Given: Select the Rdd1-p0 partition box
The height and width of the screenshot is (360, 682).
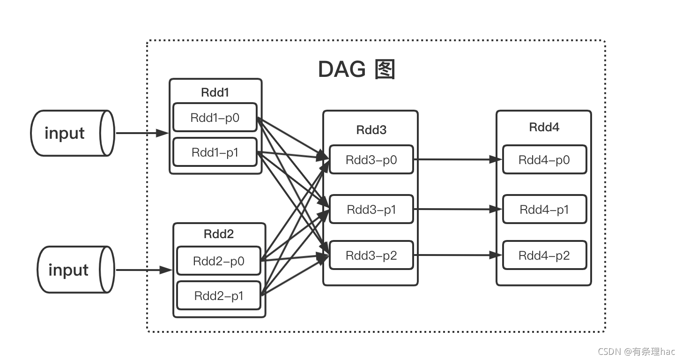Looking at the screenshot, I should [x=215, y=117].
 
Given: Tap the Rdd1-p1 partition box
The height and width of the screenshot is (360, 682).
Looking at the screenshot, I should [x=215, y=152].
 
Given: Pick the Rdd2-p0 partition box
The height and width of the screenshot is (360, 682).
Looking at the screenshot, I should [x=218, y=261].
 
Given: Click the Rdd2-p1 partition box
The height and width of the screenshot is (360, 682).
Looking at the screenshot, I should [x=218, y=296].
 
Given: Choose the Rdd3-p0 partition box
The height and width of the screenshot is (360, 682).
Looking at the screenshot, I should [x=371, y=159].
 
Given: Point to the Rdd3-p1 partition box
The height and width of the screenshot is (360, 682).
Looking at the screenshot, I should [x=371, y=209].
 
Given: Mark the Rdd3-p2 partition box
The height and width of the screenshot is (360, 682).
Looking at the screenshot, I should [x=371, y=255].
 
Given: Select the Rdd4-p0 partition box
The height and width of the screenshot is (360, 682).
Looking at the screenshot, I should [x=544, y=160].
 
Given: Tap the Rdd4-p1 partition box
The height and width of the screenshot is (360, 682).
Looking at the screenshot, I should [x=544, y=209].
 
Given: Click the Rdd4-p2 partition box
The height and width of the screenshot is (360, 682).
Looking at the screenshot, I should [x=544, y=255].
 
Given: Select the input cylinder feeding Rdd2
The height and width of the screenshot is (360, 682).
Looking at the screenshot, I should [x=75, y=270].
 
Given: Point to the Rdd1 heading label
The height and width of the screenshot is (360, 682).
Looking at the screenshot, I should [x=215, y=92].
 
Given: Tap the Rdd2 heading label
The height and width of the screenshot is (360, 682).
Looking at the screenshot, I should [x=218, y=234].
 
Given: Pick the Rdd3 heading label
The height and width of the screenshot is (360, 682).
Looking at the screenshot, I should [x=371, y=130].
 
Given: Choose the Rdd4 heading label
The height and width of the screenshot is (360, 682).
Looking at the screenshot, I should [x=544, y=127].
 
